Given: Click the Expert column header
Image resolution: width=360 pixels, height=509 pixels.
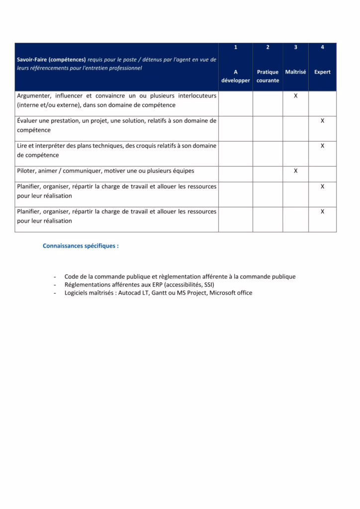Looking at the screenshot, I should tap(322, 72).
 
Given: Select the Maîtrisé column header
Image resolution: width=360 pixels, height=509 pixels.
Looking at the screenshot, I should tap(295, 72).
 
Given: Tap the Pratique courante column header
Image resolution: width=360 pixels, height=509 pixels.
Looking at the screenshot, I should tap(268, 76).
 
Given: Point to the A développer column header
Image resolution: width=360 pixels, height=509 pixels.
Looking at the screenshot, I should tap(236, 76).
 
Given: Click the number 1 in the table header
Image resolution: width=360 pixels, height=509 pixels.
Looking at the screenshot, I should tap(236, 47).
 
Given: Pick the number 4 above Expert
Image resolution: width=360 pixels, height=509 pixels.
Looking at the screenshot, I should tap(322, 47).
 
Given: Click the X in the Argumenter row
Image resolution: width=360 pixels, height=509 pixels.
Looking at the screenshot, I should tap(295, 95).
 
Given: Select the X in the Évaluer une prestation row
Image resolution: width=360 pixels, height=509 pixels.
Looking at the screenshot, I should tap(322, 121).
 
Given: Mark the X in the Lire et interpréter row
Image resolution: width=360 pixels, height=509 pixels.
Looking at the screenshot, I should tap(322, 146).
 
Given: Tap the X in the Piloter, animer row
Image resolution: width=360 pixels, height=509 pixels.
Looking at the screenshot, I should tap(295, 171).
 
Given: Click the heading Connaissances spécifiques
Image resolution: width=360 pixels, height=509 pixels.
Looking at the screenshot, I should tap(81, 246).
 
